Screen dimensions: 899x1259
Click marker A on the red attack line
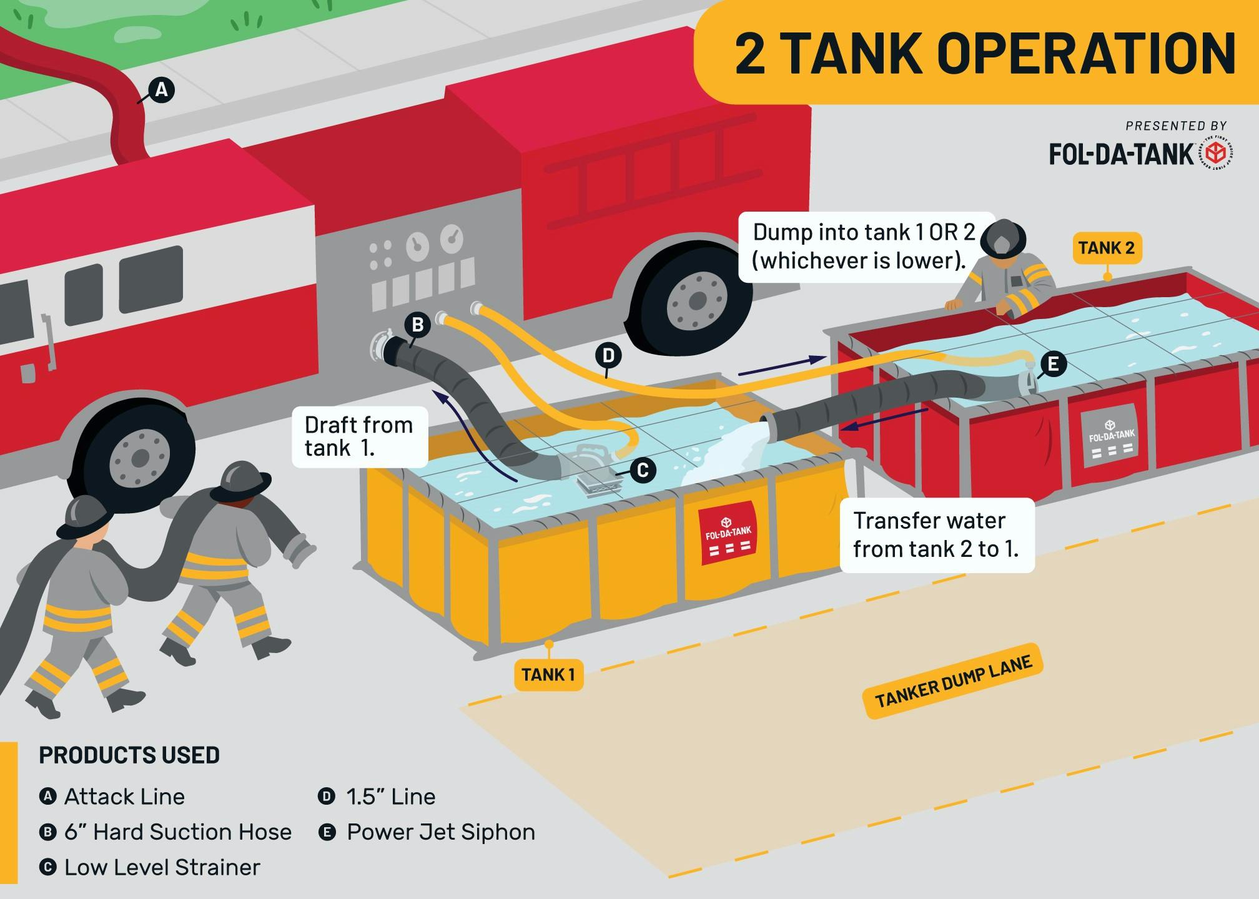(x=161, y=91)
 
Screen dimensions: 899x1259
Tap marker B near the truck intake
(x=418, y=325)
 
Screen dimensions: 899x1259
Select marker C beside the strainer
(x=643, y=469)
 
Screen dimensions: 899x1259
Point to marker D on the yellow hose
(x=608, y=356)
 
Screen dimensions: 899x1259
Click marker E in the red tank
(x=1053, y=363)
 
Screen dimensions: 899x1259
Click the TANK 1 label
(x=548, y=675)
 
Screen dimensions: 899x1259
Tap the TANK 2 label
(x=1106, y=248)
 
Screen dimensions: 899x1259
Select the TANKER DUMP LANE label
(x=953, y=682)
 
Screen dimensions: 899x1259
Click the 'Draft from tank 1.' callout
(x=359, y=436)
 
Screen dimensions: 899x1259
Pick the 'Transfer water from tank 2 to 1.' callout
(x=936, y=535)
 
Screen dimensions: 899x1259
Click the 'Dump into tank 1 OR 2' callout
(x=862, y=247)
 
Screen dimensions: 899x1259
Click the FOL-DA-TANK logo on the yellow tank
(x=728, y=534)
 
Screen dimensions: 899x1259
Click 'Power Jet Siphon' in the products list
(x=440, y=832)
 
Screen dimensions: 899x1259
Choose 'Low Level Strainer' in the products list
(x=162, y=868)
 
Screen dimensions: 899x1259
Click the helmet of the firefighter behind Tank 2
(x=1003, y=237)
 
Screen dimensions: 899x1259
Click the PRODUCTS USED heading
(x=129, y=755)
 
